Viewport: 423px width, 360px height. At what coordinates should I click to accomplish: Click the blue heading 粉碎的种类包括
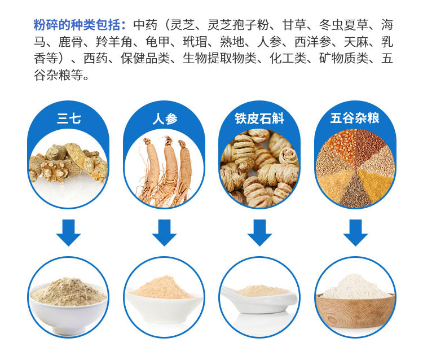click(77, 25)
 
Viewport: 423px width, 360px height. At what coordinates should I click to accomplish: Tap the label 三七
click(69, 118)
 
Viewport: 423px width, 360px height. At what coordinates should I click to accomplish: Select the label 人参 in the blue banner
click(165, 118)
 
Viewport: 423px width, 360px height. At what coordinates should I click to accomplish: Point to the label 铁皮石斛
click(259, 118)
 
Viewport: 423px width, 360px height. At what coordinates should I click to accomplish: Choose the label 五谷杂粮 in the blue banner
click(355, 118)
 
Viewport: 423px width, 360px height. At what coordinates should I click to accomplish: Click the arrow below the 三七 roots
click(68, 232)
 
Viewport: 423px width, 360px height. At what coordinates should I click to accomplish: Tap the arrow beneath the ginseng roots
click(164, 232)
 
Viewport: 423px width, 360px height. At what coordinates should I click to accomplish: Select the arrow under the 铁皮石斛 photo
click(259, 232)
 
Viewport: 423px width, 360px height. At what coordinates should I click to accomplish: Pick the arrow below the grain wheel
click(355, 232)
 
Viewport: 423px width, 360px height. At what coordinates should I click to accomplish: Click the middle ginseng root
click(170, 165)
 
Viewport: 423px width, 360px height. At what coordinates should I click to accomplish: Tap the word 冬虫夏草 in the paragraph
click(343, 25)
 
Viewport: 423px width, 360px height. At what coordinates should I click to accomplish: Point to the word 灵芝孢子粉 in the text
click(239, 25)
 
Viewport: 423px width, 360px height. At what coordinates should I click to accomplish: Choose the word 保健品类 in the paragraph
click(145, 59)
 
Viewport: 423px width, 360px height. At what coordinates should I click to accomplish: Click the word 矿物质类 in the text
click(343, 59)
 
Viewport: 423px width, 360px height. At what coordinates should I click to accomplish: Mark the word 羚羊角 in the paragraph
click(114, 42)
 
